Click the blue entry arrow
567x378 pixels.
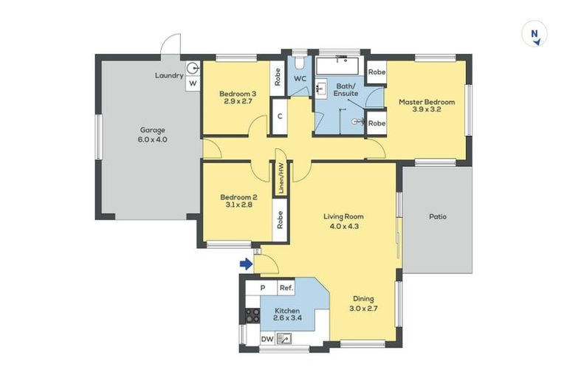pyautogui.click(x=247, y=264)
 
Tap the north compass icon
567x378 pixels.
pyautogui.click(x=535, y=34)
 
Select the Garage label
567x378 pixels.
pyautogui.click(x=153, y=130)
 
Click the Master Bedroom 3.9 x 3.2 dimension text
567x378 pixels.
pyautogui.click(x=427, y=109)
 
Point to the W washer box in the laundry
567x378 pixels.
pyautogui.click(x=193, y=83)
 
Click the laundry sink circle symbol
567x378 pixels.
pyautogui.click(x=193, y=68)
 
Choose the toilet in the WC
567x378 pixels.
pyautogui.click(x=300, y=62)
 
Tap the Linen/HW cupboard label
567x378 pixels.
pyautogui.click(x=281, y=178)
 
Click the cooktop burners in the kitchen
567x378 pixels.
pyautogui.click(x=252, y=315)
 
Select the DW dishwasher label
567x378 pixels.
pyautogui.click(x=267, y=340)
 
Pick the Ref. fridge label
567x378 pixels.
pyautogui.click(x=286, y=288)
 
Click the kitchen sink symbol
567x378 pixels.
pyautogui.click(x=284, y=339)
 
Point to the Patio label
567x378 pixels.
pyautogui.click(x=438, y=216)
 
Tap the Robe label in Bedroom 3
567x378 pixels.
pyautogui.click(x=278, y=77)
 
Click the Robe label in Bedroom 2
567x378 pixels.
pyautogui.click(x=280, y=220)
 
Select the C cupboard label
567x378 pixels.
pyautogui.click(x=280, y=117)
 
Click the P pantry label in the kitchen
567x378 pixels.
pyautogui.click(x=263, y=288)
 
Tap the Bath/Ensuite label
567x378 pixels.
pyautogui.click(x=346, y=90)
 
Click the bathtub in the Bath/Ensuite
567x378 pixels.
pyautogui.click(x=337, y=66)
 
